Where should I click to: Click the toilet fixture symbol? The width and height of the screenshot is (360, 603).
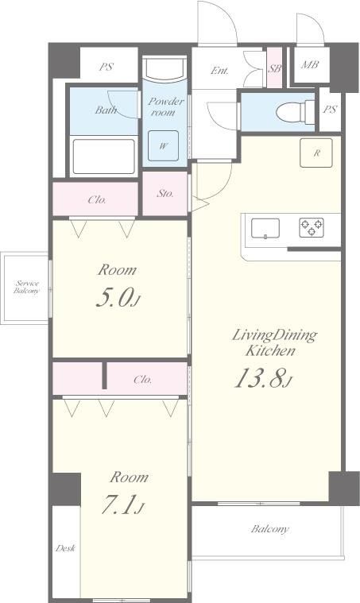(x=295, y=112)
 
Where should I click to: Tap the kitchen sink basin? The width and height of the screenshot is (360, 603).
(x=265, y=229)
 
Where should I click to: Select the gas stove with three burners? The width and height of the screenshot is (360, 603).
(x=312, y=227)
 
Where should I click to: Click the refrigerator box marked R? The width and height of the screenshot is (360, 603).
(x=316, y=153)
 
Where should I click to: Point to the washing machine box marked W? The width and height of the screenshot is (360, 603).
(x=164, y=145)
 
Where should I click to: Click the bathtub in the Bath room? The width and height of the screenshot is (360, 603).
(x=103, y=157)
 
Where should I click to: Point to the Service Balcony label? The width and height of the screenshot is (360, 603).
(x=26, y=288)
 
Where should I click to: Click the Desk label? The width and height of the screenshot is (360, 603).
(x=65, y=548)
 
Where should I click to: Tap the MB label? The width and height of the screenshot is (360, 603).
(x=310, y=64)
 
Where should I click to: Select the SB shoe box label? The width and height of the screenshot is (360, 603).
(x=275, y=69)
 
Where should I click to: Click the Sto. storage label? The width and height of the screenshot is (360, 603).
(x=165, y=193)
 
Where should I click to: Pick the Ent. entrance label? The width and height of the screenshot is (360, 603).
(x=219, y=71)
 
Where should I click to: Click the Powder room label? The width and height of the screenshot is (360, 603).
(x=165, y=107)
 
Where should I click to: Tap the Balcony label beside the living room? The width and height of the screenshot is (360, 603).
(x=270, y=529)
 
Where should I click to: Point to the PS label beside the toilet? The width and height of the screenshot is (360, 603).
(x=330, y=110)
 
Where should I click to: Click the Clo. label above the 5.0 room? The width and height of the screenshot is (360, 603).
(x=97, y=199)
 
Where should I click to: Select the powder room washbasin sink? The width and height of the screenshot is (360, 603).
(x=165, y=70)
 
